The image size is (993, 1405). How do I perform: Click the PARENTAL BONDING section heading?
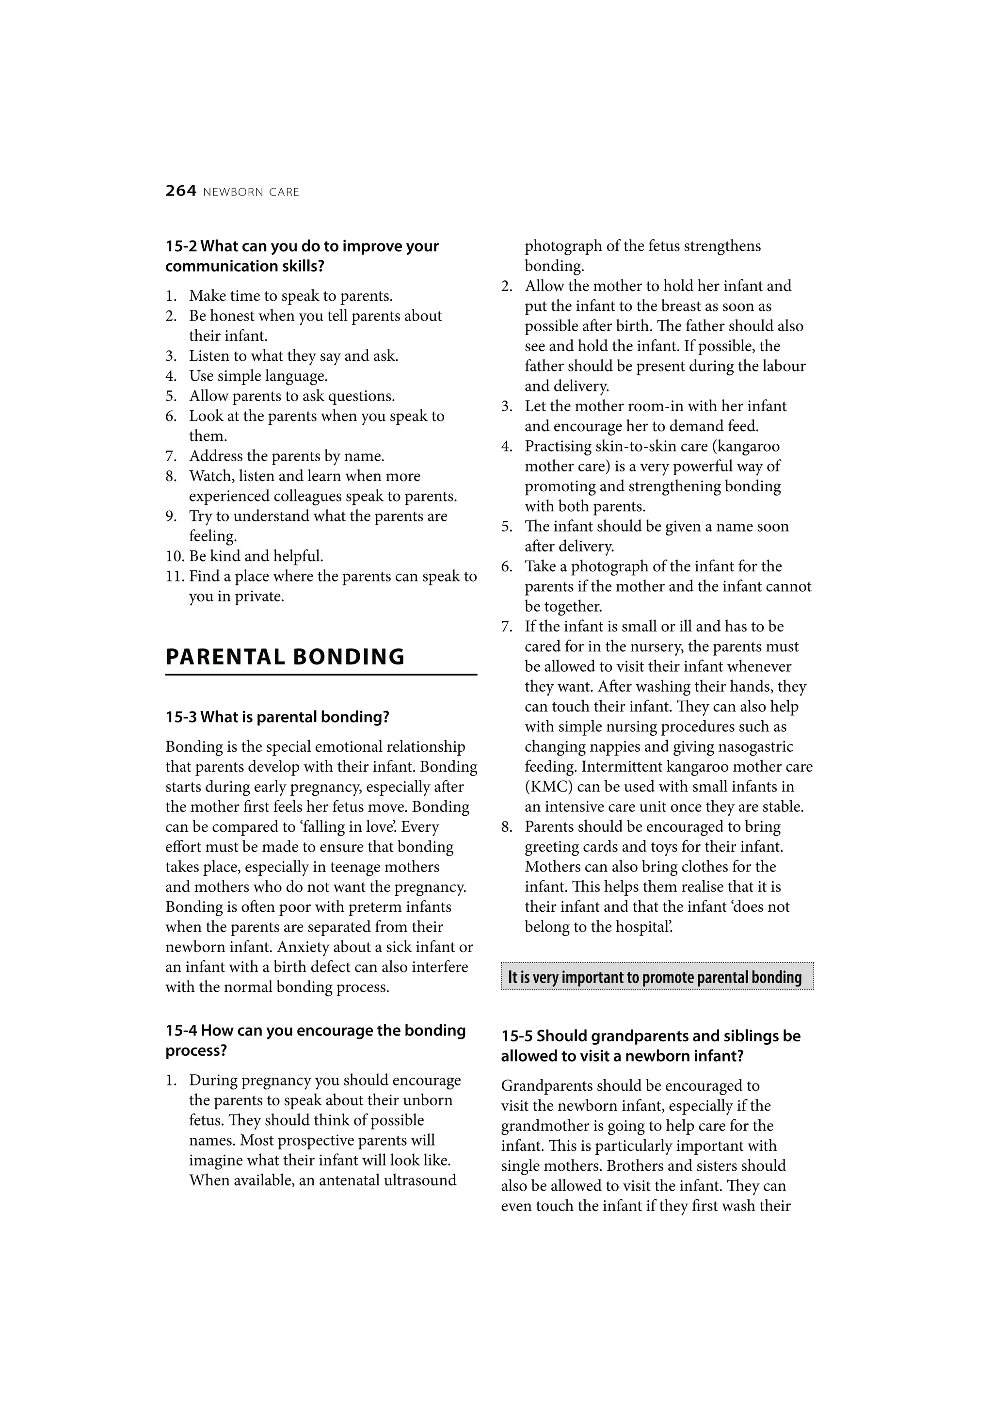(285, 657)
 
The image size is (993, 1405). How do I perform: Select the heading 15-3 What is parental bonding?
(277, 717)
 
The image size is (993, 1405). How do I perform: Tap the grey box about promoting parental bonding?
(657, 977)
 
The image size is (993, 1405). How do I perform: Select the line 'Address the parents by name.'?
(287, 456)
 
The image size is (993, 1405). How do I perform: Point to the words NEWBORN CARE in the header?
(251, 192)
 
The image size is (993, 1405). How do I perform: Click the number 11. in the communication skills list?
(175, 577)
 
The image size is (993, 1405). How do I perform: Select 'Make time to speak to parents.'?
(290, 296)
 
